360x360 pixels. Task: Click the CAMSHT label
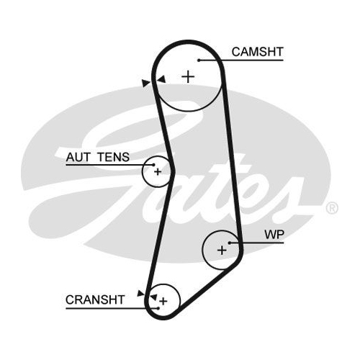coord(258,52)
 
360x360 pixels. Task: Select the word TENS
coord(114,157)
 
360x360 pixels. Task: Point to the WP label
coord(274,235)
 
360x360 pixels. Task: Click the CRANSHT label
coord(95,300)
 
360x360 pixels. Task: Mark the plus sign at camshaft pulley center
coord(188,77)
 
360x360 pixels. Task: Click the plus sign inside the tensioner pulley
coord(158,172)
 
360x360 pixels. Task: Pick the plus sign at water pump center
coord(222,251)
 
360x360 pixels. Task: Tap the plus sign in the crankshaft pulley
coord(163,301)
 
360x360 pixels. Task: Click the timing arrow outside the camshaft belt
coord(145,83)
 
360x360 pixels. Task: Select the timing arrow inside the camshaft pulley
coord(161,79)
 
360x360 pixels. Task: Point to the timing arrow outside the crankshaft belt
coord(140,293)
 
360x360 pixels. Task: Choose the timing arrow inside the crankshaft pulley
coord(153,297)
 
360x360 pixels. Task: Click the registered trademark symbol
coord(332,208)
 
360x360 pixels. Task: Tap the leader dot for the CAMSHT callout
coord(199,60)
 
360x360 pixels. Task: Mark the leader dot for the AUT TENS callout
coord(153,165)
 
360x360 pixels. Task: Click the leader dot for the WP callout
coord(230,243)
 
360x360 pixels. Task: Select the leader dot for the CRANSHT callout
coord(158,308)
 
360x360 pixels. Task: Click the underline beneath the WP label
coord(256,243)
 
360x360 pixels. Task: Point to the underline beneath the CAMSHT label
coord(241,60)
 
